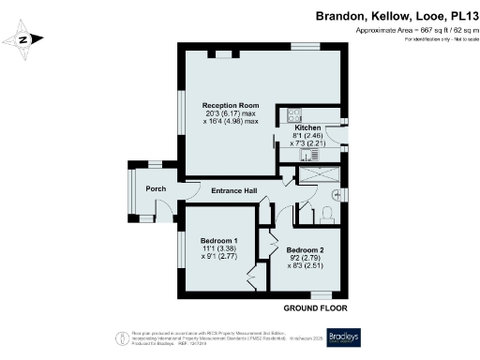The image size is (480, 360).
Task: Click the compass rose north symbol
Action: tap(25, 39)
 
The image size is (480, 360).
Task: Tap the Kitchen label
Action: tap(309, 127)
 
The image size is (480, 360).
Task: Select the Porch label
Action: tap(156, 189)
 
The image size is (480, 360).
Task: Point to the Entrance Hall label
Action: tap(233, 191)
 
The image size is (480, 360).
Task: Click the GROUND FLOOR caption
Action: tap(315, 307)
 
